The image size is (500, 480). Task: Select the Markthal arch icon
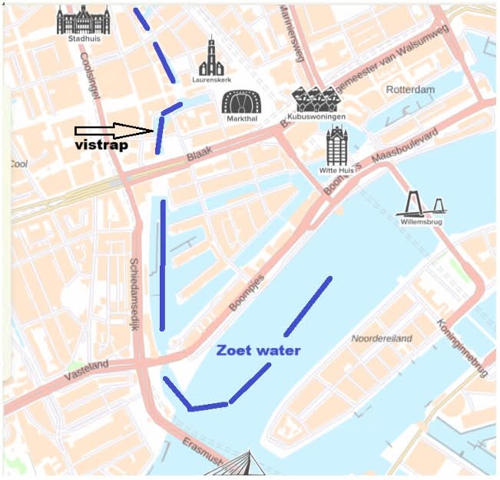pyautogui.click(x=241, y=103)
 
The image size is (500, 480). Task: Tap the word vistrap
pyautogui.click(x=101, y=145)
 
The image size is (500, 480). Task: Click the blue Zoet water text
pyautogui.click(x=258, y=350)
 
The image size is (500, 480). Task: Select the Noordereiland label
pyautogui.click(x=381, y=339)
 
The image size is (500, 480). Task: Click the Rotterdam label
pyautogui.click(x=410, y=90)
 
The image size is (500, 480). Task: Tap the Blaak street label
pyautogui.click(x=198, y=157)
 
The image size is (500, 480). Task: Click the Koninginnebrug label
pyautogui.click(x=463, y=346)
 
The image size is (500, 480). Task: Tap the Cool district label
pyautogui.click(x=18, y=164)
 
